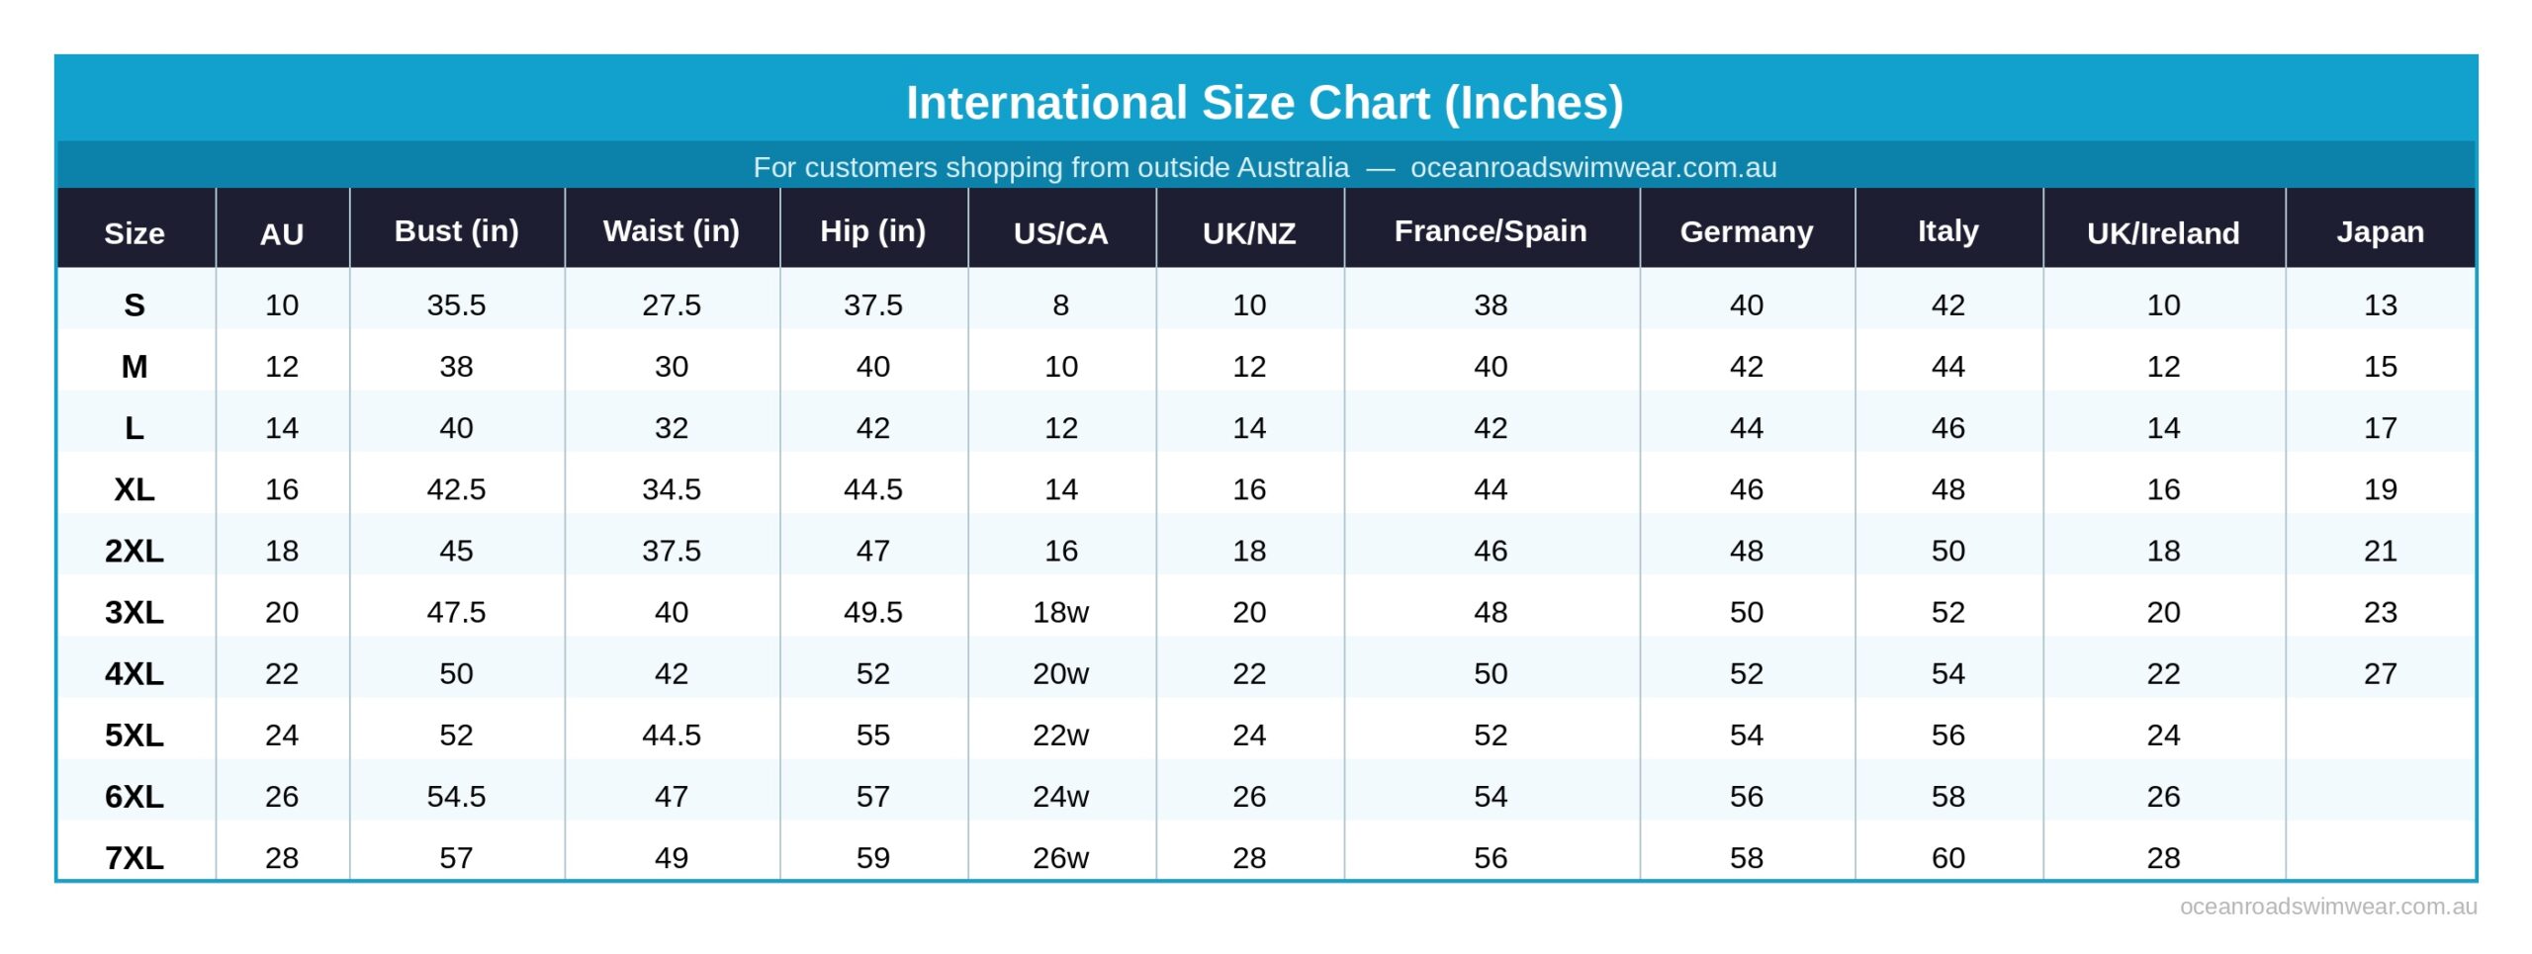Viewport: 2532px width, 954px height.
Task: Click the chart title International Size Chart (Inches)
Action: click(x=1264, y=103)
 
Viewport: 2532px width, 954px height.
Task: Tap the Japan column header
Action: click(x=2379, y=231)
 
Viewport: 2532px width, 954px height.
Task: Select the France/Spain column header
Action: click(x=1490, y=230)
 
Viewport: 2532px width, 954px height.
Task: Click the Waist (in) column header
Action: click(x=671, y=230)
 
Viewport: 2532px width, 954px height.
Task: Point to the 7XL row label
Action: click(x=135, y=857)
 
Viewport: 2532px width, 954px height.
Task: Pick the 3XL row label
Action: click(x=135, y=612)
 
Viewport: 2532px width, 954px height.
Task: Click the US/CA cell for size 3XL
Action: click(x=1060, y=612)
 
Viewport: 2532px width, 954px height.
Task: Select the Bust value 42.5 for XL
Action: click(x=456, y=489)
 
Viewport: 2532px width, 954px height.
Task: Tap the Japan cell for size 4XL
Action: click(x=2379, y=673)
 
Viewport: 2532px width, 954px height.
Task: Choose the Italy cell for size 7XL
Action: click(x=1946, y=857)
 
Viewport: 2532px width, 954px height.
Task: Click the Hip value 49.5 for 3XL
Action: click(x=872, y=612)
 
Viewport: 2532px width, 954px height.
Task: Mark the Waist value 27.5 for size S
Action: click(x=671, y=304)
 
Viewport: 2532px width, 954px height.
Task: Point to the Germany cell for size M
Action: click(x=1746, y=367)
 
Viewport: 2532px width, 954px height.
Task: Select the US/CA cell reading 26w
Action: click(x=1060, y=857)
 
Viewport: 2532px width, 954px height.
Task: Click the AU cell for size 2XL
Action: click(x=282, y=551)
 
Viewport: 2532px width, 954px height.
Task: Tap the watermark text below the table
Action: click(x=2327, y=907)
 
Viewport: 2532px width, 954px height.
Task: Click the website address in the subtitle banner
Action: click(x=1592, y=167)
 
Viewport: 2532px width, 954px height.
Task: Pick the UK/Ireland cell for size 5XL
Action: click(x=2162, y=735)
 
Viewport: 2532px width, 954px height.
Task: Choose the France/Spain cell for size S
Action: click(x=1490, y=304)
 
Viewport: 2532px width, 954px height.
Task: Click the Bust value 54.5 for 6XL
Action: click(x=456, y=796)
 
